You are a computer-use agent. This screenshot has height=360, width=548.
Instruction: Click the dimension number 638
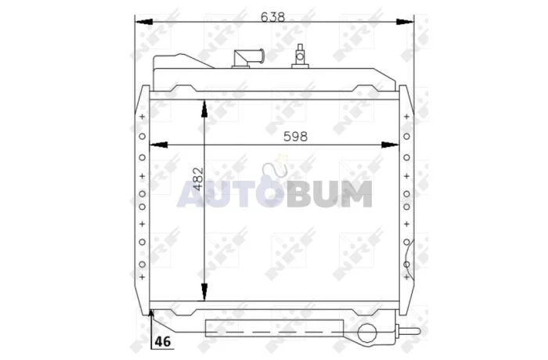pyautogui.click(x=273, y=16)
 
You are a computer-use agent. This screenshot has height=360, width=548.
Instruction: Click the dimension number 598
pyautogui.click(x=295, y=136)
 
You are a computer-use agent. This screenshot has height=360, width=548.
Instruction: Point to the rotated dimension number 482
pyautogui.click(x=198, y=179)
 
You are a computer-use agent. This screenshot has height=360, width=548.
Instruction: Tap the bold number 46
pyautogui.click(x=164, y=341)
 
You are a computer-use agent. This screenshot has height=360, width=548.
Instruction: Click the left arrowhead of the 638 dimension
pyautogui.click(x=143, y=22)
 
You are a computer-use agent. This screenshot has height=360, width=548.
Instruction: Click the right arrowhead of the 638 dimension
pyautogui.click(x=405, y=22)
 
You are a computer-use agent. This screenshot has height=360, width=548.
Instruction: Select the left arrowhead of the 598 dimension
pyautogui.click(x=158, y=145)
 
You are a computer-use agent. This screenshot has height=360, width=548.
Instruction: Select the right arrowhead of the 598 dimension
pyautogui.click(x=390, y=145)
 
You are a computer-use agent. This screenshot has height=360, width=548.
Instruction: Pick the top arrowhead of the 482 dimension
pyautogui.click(x=204, y=108)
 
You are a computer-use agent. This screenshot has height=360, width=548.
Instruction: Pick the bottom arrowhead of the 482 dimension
pyautogui.click(x=204, y=292)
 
